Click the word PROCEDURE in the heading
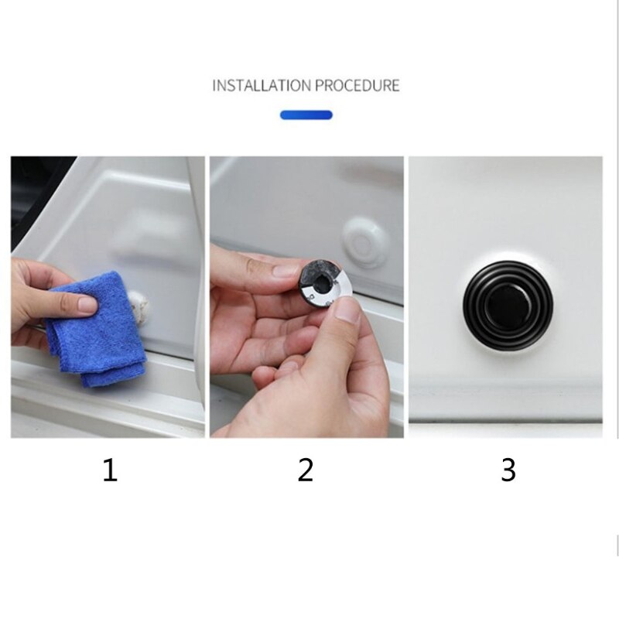pyautogui.click(x=357, y=85)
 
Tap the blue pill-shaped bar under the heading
pyautogui.click(x=306, y=115)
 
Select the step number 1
pyautogui.click(x=110, y=470)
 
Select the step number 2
pyautogui.click(x=306, y=470)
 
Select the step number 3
pyautogui.click(x=508, y=470)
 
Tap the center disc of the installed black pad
pyautogui.click(x=508, y=295)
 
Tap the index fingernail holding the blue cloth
pyautogui.click(x=87, y=305)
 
